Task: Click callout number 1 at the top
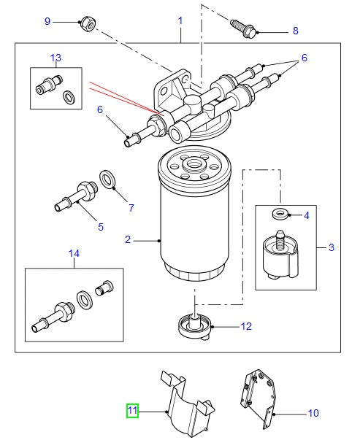pos(180,21)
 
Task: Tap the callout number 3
pos(331,248)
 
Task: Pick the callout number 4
pos(307,215)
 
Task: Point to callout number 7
pos(131,208)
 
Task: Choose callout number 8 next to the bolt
pos(295,31)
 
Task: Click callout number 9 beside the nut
pos(47,21)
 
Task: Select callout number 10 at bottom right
pos(313,413)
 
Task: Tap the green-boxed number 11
pos(132,411)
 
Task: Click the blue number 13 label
pos(55,57)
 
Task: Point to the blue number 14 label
pos(73,253)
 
